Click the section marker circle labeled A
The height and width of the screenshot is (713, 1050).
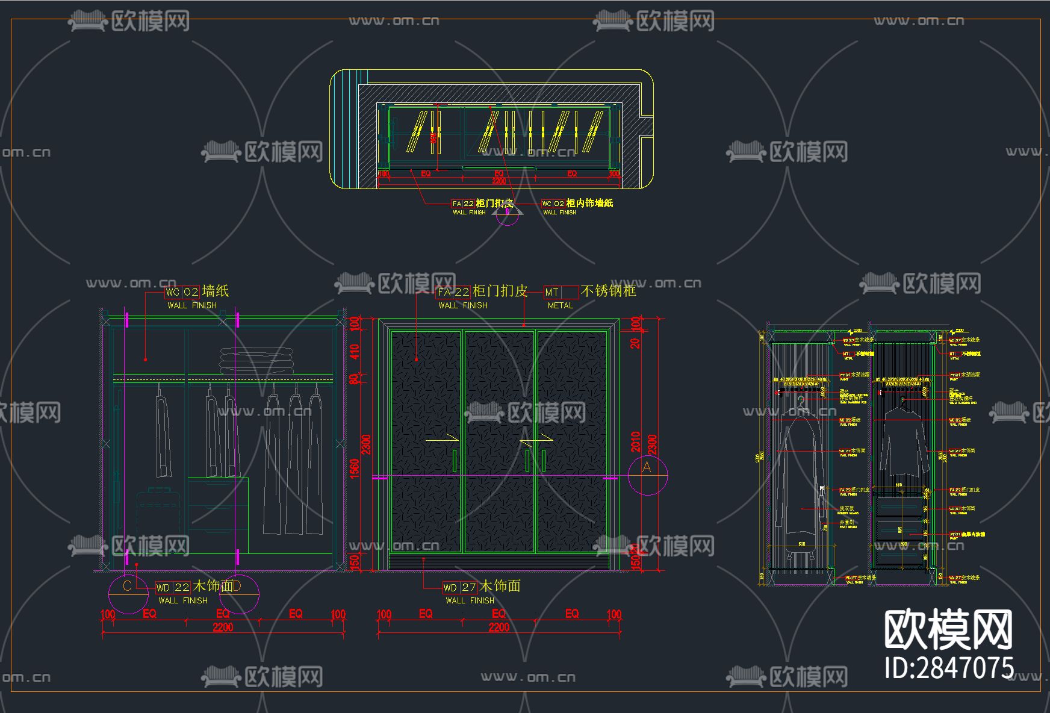[647, 475]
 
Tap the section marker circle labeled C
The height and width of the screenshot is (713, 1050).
[128, 593]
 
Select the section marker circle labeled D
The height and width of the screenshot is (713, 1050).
[239, 593]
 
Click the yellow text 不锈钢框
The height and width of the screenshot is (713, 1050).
[609, 291]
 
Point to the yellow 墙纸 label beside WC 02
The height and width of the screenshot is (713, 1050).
[215, 291]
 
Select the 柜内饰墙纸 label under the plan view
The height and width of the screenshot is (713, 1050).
[589, 204]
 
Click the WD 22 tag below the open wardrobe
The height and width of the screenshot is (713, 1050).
[173, 587]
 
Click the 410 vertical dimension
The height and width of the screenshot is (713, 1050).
[355, 352]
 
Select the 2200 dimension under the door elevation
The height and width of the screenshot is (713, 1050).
[499, 627]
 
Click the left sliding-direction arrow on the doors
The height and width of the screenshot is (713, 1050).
[442, 440]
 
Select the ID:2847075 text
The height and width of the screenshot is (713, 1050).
[949, 667]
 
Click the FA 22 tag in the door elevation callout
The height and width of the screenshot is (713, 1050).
[453, 292]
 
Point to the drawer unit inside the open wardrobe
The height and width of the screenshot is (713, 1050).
[218, 506]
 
